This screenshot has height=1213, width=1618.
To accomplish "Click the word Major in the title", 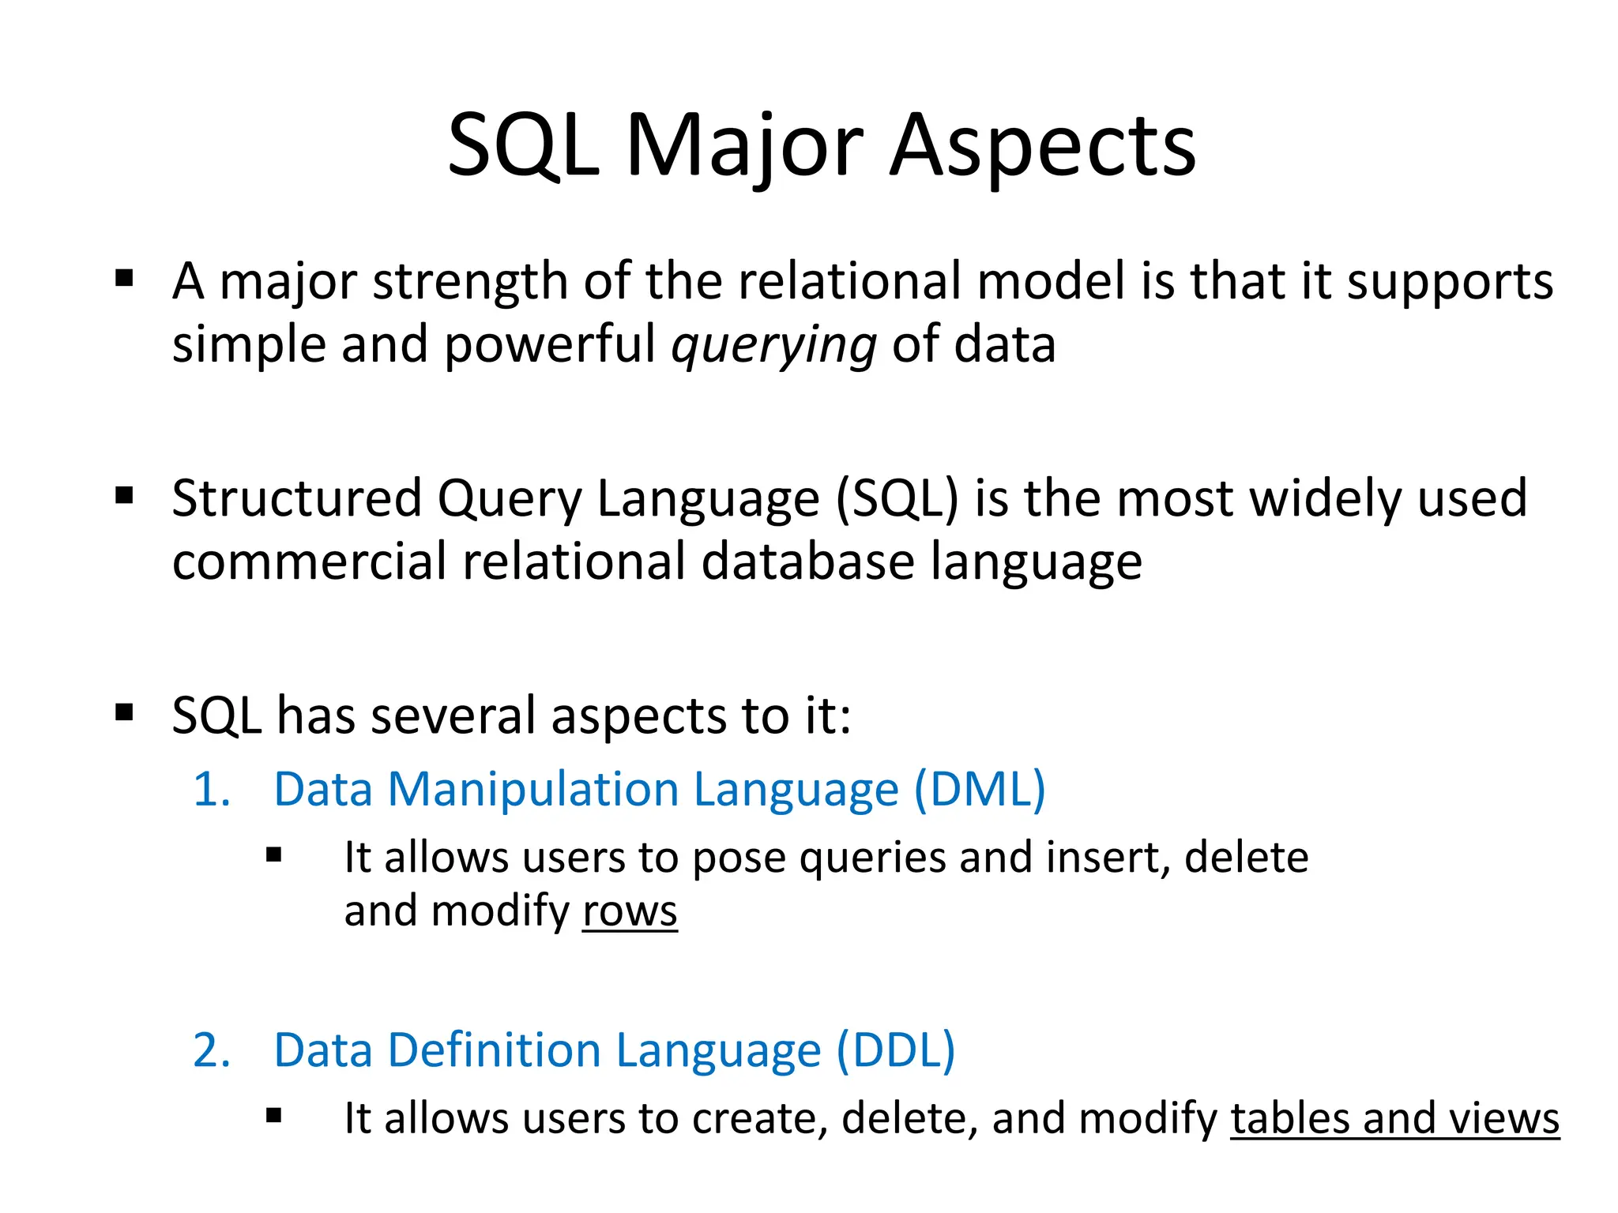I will [744, 146].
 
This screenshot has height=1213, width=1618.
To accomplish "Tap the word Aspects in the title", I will [1042, 146].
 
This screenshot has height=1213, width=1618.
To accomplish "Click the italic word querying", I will [773, 345].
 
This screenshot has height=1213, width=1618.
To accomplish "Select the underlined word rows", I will [630, 911].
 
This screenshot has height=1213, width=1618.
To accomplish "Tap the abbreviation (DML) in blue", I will [980, 789].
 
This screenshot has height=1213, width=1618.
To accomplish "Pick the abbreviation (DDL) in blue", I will [895, 1050].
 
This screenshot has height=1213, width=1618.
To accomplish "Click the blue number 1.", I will [211, 790].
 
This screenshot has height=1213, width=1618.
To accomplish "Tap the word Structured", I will [296, 499].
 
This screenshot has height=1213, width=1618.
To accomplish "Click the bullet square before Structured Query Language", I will [125, 495].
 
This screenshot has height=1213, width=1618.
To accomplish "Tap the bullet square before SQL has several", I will [125, 712].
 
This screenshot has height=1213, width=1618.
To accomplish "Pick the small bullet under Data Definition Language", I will [274, 1116].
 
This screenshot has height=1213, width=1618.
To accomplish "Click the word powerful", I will [550, 345].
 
